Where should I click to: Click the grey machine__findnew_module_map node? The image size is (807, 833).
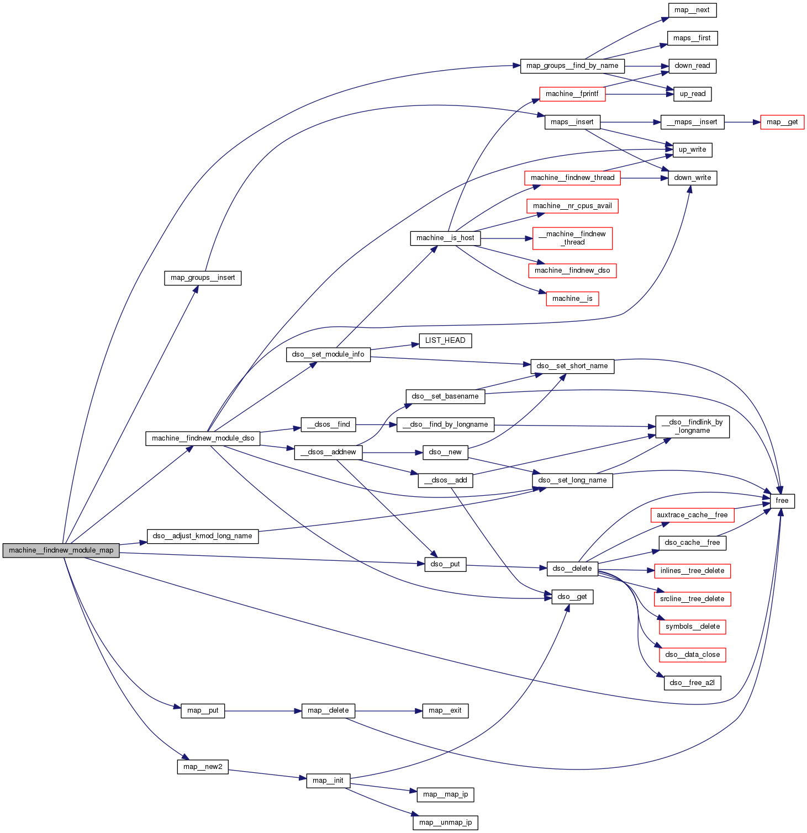[61, 550]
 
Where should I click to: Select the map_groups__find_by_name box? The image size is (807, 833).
[572, 66]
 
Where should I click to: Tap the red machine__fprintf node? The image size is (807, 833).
[572, 94]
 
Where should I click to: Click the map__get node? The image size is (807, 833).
[782, 122]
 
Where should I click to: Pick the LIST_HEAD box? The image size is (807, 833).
[445, 341]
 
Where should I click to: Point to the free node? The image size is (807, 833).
[782, 501]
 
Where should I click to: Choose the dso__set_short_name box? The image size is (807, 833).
[572, 366]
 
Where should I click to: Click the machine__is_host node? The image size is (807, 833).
[445, 238]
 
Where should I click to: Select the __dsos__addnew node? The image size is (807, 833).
[328, 452]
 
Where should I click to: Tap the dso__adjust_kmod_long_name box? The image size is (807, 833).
[202, 536]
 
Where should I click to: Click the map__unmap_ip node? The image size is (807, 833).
[445, 823]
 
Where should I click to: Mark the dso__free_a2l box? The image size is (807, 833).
[692, 683]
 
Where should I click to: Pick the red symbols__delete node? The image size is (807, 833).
[692, 627]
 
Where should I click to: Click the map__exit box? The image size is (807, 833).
[445, 710]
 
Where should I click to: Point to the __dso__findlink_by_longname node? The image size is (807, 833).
[692, 427]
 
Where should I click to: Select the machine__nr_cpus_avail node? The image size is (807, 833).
[572, 206]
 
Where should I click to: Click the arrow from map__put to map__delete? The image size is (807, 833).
[263, 711]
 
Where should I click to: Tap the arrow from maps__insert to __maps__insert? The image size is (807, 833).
[630, 122]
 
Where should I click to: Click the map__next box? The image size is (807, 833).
[692, 10]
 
